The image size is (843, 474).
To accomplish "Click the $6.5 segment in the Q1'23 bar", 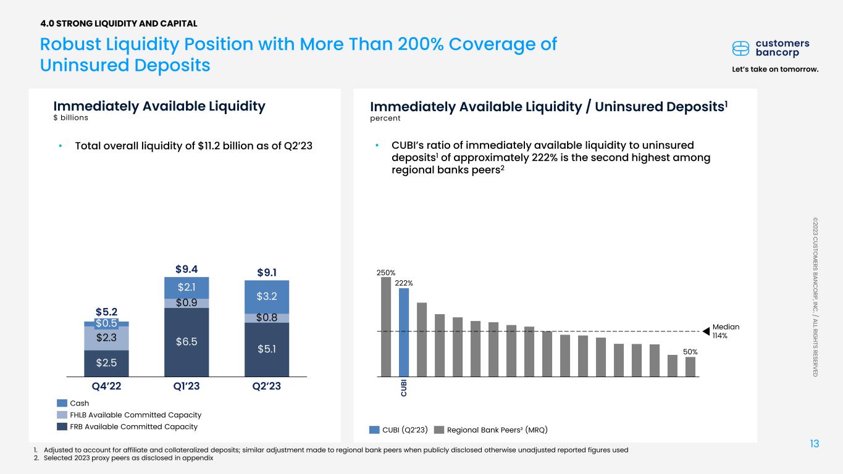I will pos(187,341).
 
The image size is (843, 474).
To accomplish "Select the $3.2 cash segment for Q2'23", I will pos(267,297).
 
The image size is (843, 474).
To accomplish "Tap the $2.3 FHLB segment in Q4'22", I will pos(106,338).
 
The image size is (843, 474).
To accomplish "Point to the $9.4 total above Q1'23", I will pos(187,268).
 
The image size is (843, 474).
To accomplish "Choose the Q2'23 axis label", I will pos(267,386).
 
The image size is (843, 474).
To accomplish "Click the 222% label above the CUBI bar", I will pos(404,283).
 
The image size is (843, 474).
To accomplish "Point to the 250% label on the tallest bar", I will pos(386,272).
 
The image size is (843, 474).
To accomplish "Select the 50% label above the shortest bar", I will pos(690,351).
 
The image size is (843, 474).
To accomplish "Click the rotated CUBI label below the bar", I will pos(404,389).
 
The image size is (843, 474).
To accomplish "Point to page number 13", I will pos(815,443).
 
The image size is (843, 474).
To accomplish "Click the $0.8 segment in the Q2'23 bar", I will pos(267,318).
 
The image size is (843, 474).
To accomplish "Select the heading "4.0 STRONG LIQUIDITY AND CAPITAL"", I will pos(119,23).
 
